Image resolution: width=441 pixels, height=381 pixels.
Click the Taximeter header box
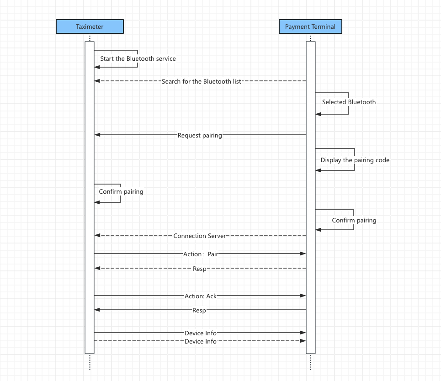90,26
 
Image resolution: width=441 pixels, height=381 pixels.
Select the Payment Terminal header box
310,26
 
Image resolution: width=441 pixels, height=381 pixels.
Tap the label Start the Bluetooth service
138,58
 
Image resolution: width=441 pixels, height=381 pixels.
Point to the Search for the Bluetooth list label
201,81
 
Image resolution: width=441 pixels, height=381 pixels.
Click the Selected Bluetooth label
349,102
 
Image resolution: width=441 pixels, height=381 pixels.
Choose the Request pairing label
200,135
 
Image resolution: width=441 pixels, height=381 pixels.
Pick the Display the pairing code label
355,160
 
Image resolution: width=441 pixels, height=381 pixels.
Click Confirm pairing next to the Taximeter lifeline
121,191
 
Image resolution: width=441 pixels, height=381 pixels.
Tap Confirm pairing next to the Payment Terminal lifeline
354,220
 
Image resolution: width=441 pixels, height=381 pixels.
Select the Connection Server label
200,236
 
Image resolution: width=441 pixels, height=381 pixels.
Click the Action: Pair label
201,254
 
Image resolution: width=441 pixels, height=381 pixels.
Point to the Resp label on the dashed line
199,269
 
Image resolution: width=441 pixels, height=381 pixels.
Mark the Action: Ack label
201,296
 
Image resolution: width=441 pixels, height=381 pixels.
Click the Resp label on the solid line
199,310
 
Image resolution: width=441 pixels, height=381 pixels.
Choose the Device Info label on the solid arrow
201,333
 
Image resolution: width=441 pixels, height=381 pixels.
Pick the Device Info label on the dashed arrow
201,341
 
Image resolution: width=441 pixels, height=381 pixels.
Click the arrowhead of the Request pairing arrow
97,135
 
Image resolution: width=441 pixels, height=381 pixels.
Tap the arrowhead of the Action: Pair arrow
303,253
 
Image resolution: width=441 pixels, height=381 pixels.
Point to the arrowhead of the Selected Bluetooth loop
318,114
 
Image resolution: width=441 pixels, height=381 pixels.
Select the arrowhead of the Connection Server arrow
97,235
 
